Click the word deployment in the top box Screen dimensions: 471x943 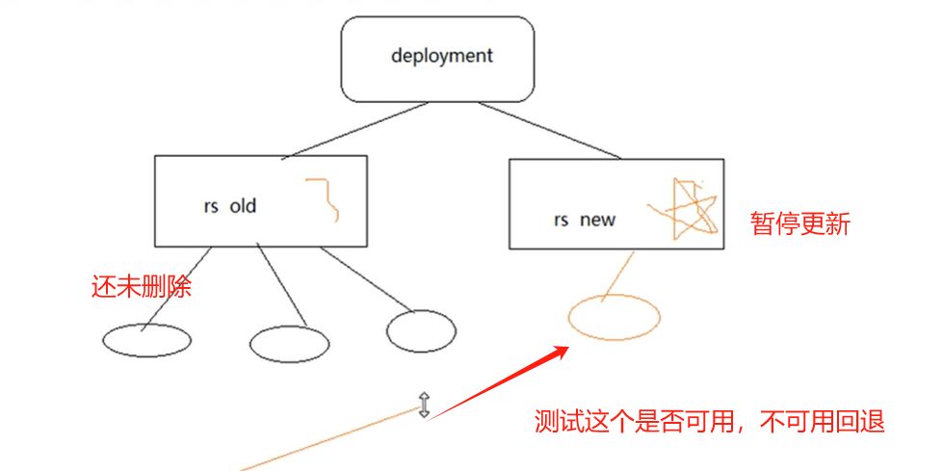click(441, 56)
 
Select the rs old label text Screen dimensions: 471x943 click(230, 206)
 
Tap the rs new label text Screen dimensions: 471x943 click(584, 220)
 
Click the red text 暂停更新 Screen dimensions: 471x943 click(800, 224)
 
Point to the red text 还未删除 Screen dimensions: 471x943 click(141, 286)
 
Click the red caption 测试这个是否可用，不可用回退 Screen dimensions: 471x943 click(710, 422)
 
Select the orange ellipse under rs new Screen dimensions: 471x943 click(614, 317)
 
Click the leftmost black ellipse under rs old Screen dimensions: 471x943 click(146, 340)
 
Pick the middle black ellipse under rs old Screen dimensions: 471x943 click(289, 343)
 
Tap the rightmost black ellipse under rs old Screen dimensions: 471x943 click(421, 330)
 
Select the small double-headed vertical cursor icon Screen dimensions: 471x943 click(423, 406)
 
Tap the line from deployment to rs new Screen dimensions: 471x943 click(550, 129)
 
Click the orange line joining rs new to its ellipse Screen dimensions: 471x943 click(618, 275)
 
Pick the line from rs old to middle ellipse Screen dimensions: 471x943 click(282, 287)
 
